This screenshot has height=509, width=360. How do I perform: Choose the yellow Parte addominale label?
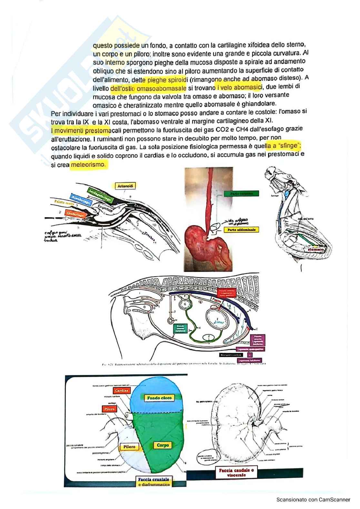[241, 230]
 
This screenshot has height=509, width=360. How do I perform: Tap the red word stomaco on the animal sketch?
[316, 250]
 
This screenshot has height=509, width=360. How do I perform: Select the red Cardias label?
[121, 391]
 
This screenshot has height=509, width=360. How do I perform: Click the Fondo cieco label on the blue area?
[159, 398]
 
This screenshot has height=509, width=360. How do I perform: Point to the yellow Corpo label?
[163, 445]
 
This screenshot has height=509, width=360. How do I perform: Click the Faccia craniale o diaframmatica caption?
[153, 482]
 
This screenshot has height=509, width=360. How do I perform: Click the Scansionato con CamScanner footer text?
[313, 500]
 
